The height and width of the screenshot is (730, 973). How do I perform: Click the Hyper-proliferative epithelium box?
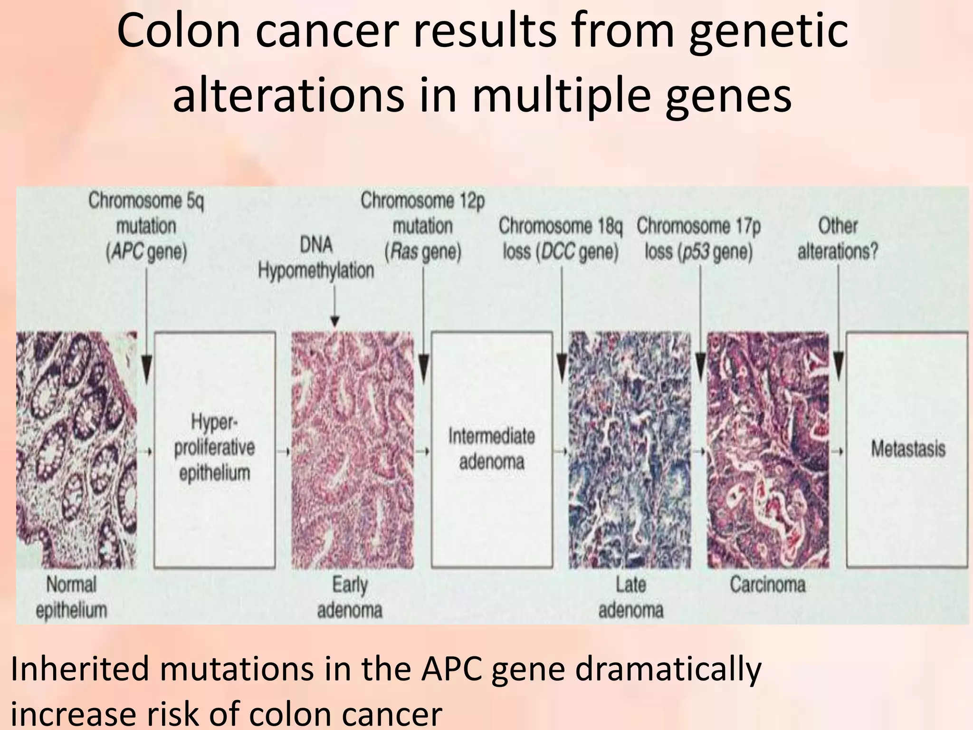215,449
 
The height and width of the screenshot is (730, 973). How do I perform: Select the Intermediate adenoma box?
492,449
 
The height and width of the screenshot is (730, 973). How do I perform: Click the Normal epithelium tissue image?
76,449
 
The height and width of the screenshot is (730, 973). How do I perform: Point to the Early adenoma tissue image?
352,449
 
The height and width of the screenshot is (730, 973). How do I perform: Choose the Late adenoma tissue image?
630,449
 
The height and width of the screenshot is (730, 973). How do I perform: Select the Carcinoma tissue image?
768,449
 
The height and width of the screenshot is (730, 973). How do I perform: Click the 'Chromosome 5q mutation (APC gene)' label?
146,226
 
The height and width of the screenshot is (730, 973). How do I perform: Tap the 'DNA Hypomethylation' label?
316,258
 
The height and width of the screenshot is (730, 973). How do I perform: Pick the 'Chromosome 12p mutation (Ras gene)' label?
423,226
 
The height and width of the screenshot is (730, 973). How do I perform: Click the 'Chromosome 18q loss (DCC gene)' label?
561,239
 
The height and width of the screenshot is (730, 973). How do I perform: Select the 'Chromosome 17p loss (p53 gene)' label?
699,239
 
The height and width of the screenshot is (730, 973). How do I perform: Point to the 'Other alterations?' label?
838,239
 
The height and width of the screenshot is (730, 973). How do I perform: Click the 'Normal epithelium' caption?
71,597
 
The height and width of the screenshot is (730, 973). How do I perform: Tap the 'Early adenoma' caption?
350,597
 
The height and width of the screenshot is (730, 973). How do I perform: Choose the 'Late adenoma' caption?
630,597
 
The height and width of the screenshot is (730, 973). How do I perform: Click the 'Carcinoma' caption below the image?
768,585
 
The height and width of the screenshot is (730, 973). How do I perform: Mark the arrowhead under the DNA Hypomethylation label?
335,321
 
